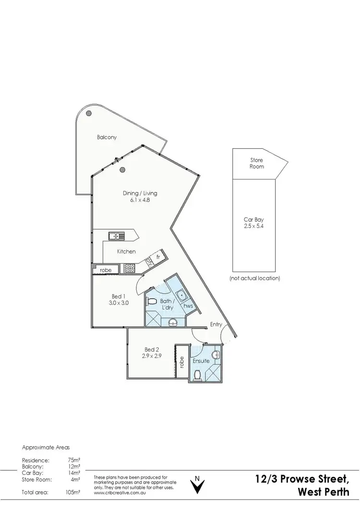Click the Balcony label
click(x=107, y=137)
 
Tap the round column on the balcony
click(x=89, y=114)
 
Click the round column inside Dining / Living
click(x=122, y=169)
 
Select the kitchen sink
click(x=116, y=236)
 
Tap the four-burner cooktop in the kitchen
click(x=130, y=269)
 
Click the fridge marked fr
click(x=157, y=257)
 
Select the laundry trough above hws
click(x=181, y=294)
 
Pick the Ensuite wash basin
click(x=217, y=355)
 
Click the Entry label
click(x=216, y=325)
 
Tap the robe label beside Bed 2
click(x=181, y=363)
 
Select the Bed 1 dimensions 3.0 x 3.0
click(x=119, y=303)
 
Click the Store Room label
click(x=257, y=163)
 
